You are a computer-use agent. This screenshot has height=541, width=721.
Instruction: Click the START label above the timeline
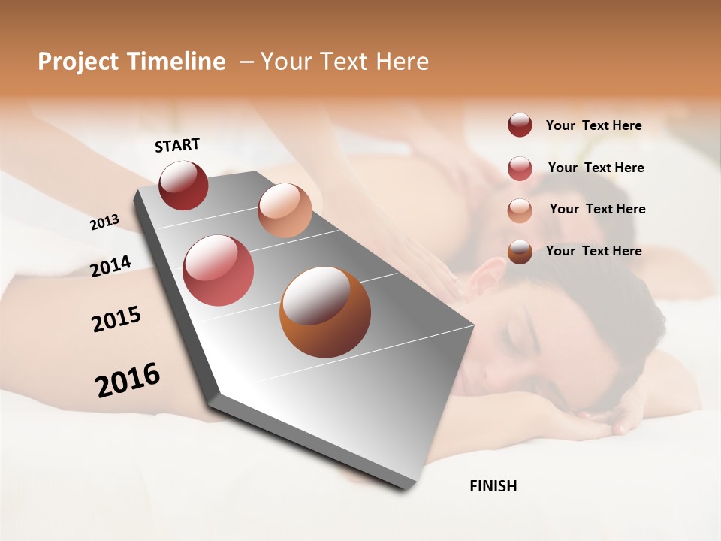coord(177,145)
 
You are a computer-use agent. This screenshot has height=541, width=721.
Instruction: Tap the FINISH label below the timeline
coord(493,486)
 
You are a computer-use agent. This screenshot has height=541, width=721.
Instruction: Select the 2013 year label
coord(104,222)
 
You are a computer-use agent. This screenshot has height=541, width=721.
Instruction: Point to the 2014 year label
coord(110,266)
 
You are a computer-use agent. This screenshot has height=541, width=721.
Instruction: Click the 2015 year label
coord(116,319)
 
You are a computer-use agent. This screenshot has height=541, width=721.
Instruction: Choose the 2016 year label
coord(128,380)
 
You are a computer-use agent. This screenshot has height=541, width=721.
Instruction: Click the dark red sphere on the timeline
coord(183,185)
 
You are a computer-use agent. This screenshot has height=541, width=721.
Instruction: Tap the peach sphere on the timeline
coord(285,210)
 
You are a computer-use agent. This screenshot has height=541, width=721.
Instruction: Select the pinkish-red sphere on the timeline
coord(218,270)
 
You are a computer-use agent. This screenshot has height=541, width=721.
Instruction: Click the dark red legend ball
coord(520,125)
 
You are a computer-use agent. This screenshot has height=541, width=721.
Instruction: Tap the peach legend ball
coord(520,210)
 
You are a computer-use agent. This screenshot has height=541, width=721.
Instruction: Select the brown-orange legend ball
coord(520,252)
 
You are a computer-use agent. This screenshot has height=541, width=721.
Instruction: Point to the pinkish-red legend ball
coord(520,168)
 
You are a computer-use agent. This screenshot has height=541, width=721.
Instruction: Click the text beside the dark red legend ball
coord(593,126)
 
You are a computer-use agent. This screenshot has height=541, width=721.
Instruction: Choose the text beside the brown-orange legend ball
coord(593,251)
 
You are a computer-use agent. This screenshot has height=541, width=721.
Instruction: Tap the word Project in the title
coord(77,62)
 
